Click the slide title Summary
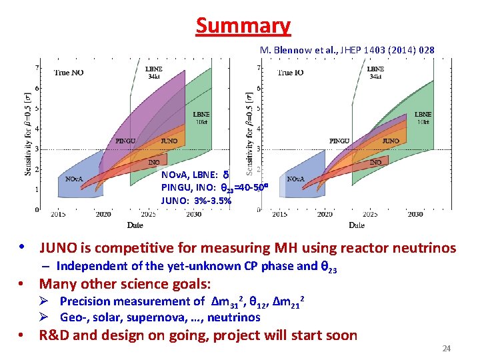(243, 25)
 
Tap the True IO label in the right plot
(291, 72)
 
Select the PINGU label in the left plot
(126, 141)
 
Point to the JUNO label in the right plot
(391, 141)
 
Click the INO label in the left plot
(155, 162)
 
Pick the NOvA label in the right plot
(296, 179)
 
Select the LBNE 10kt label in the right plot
(423, 118)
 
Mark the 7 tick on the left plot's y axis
(37, 67)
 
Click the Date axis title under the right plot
(356, 225)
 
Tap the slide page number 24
(447, 349)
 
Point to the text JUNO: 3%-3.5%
(196, 200)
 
